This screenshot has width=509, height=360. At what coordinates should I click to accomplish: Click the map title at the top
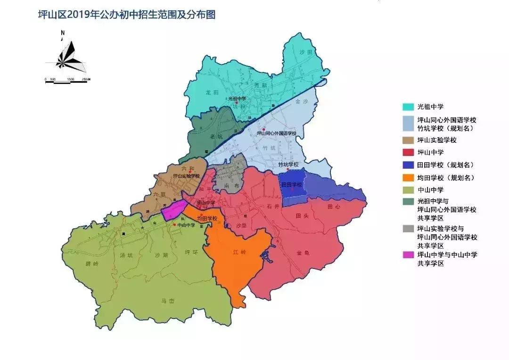[x=126, y=15]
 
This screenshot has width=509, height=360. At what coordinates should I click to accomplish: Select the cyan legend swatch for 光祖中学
[x=408, y=107]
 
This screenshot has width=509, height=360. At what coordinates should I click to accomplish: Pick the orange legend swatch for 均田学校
[x=408, y=178]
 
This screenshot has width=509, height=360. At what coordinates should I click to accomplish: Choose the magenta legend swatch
[x=408, y=255]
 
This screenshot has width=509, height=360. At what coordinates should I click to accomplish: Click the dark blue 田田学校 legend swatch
[x=408, y=165]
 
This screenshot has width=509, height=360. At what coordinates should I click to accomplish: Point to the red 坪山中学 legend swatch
[x=408, y=152]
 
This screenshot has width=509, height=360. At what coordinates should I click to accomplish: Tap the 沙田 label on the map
[x=306, y=52]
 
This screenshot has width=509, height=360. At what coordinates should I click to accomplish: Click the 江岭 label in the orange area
[x=240, y=253]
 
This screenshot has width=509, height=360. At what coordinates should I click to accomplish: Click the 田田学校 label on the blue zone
[x=291, y=185]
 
